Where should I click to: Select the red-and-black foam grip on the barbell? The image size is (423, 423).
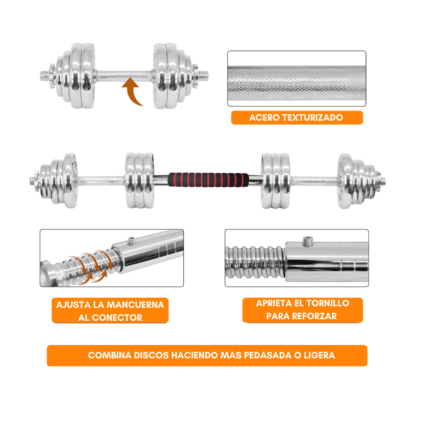click(208, 180)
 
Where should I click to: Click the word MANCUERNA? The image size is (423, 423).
click(136, 305)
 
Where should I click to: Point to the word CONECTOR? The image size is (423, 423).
click(117, 318)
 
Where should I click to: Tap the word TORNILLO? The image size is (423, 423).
click(328, 303)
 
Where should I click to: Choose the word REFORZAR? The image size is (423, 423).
click(315, 316)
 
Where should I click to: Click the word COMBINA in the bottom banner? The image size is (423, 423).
click(110, 355)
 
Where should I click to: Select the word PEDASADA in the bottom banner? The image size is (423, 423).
click(268, 355)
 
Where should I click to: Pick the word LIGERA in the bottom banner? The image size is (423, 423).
click(320, 355)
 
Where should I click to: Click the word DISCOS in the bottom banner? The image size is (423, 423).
click(151, 355)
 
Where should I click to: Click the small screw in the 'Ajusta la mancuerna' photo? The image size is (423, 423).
click(131, 240)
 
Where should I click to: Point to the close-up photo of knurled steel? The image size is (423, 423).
click(297, 78)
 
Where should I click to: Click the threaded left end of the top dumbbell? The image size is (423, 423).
click(45, 76)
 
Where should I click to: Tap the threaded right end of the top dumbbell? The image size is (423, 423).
click(203, 76)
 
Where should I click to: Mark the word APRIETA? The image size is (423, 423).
click(274, 303)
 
